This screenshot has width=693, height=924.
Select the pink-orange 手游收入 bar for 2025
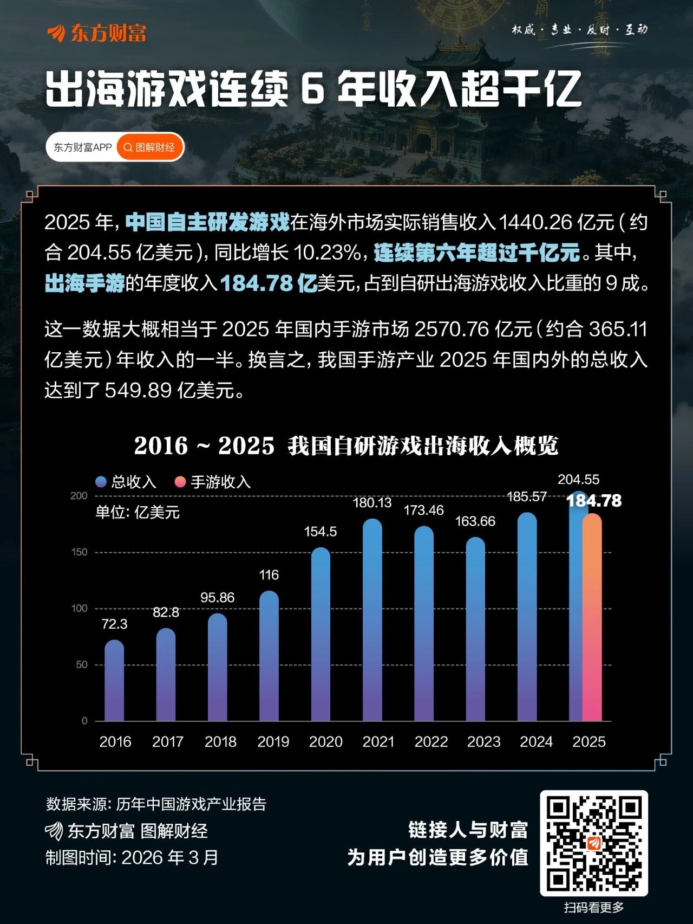click(x=592, y=618)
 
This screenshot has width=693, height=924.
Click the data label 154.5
click(x=321, y=532)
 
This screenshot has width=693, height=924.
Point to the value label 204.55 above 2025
click(x=578, y=480)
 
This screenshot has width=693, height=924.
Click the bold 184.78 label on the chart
click(x=594, y=501)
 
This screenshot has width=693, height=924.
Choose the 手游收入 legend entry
click(x=213, y=482)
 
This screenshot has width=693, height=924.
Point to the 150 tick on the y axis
click(x=79, y=552)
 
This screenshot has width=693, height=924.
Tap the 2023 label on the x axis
click(x=483, y=741)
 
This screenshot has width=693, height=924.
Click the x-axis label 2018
click(x=220, y=741)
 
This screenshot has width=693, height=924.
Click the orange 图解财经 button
click(x=149, y=147)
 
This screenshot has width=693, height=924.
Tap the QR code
click(x=594, y=843)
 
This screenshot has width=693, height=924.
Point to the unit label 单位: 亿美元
click(x=138, y=512)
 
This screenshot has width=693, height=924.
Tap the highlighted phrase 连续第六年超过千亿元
click(x=476, y=253)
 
